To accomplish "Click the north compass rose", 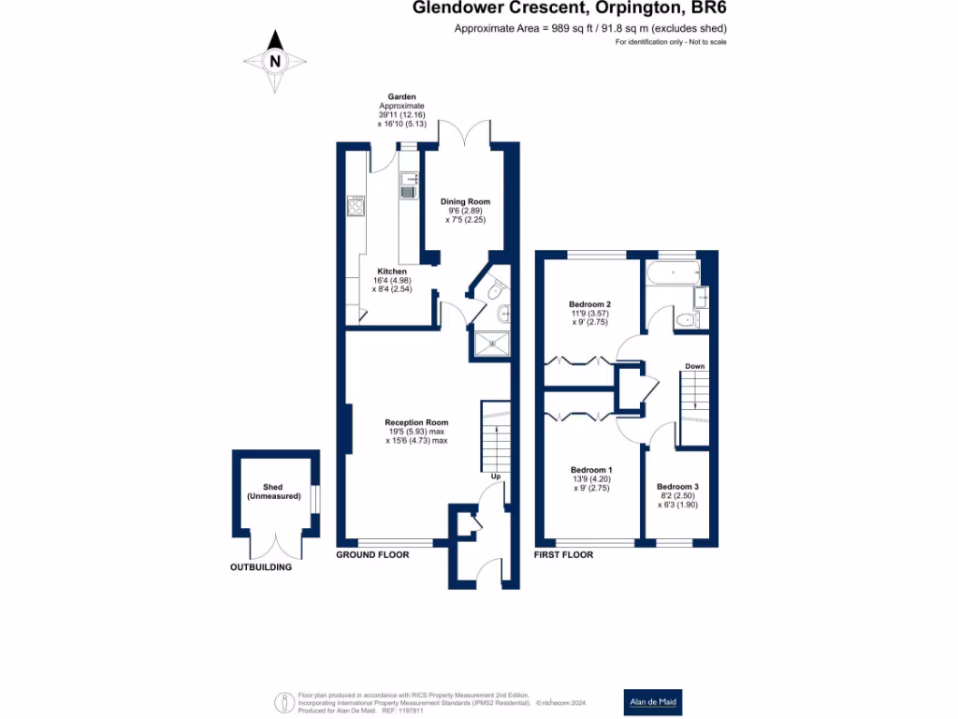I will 275,61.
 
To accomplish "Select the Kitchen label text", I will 392,271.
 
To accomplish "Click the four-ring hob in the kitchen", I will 356,205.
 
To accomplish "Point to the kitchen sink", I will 408,187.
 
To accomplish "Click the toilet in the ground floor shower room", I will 496,290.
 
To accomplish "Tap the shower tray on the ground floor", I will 493,344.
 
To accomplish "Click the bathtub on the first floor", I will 672,274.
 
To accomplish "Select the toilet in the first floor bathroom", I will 686,320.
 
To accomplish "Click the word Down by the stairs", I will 694,366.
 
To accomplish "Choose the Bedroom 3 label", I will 677,487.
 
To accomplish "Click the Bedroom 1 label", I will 591,470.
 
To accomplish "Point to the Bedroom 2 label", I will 589,304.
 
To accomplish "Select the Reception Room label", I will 417,422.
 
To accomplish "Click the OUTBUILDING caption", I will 261,567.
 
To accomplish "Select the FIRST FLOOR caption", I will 563,555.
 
